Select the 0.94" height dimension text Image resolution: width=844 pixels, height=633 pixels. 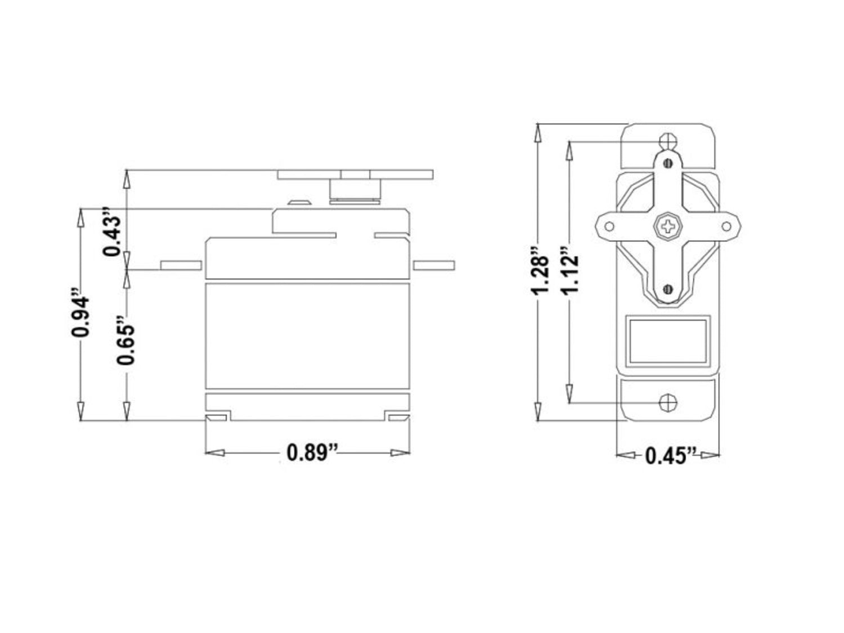[x=80, y=312]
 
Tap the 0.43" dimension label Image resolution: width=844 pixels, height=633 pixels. [x=112, y=231]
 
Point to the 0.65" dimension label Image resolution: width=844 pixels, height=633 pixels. [x=125, y=340]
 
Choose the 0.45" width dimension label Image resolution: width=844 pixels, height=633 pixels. [x=671, y=456]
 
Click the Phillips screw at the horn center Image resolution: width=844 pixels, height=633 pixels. [x=667, y=226]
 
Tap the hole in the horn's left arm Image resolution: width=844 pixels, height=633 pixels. [x=609, y=226]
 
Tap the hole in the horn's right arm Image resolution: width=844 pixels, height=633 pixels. [x=726, y=226]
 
